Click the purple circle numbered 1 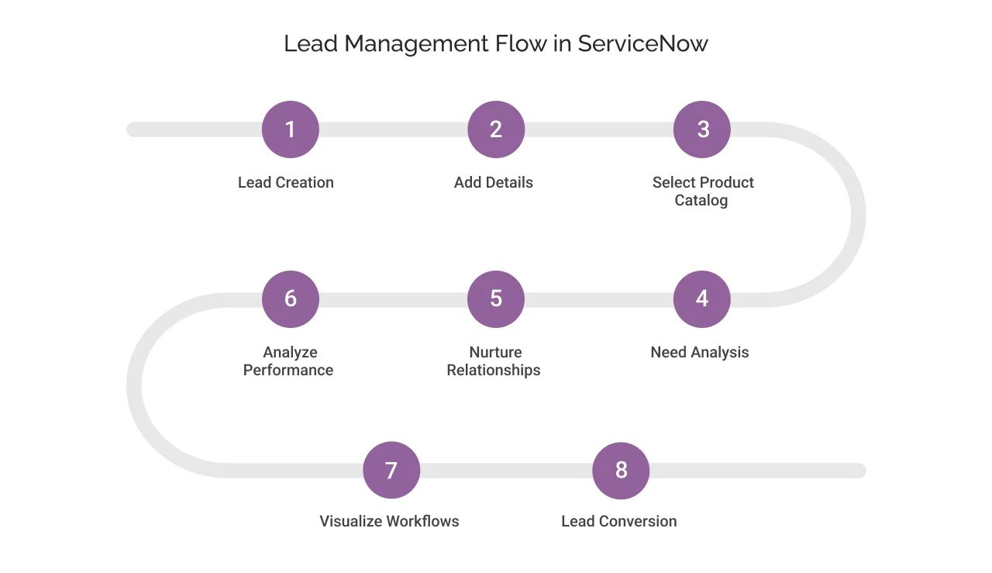291,129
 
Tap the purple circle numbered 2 496,129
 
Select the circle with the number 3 702,129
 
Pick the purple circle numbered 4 702,299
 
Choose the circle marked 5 496,299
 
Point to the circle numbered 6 291,299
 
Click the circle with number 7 391,471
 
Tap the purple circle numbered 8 621,471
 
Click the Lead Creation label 286,183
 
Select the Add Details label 494,183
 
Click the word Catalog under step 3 701,201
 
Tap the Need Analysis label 700,353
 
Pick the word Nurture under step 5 496,353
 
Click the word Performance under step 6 288,371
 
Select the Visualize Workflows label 389,522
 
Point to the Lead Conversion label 619,522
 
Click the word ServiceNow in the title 643,43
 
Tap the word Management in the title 417,43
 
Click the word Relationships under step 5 494,371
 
